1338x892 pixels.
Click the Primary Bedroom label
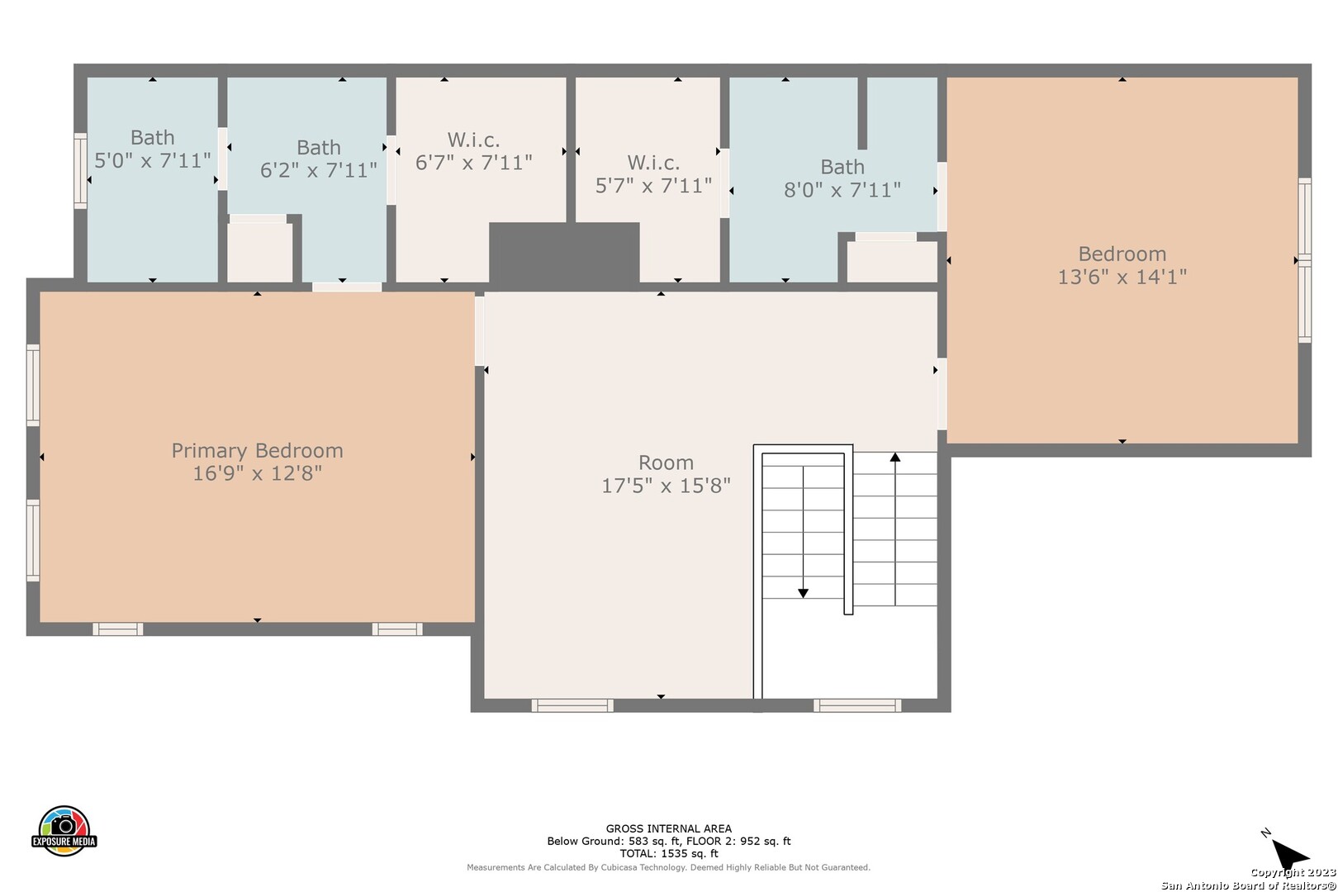click(258, 450)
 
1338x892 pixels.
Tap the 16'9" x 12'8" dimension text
click(258, 474)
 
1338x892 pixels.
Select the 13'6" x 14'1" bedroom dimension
click(1122, 278)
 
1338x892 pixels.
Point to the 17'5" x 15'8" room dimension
click(666, 486)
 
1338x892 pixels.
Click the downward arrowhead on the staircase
click(804, 593)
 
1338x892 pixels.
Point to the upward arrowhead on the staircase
click(894, 458)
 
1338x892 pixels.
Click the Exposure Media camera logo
click(64, 830)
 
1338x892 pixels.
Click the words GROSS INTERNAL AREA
click(668, 828)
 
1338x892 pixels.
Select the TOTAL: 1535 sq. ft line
click(668, 854)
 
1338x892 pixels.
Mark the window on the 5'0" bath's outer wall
click(80, 171)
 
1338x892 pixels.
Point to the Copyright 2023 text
click(1293, 873)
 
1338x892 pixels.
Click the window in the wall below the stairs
click(857, 705)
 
